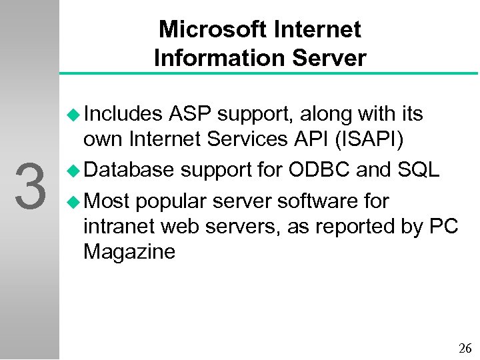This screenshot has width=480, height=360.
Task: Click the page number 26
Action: (x=465, y=348)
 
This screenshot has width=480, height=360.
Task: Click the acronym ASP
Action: (x=191, y=115)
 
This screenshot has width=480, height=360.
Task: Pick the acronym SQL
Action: (x=418, y=171)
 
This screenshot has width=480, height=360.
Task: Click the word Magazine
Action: (x=129, y=252)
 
